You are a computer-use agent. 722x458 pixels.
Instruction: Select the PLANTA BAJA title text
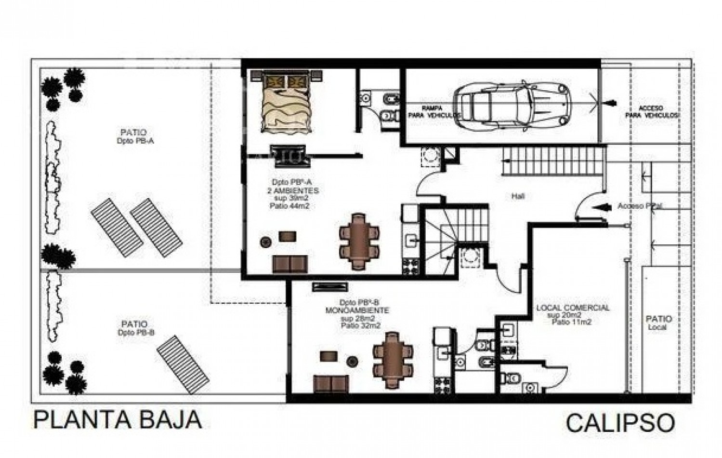tap(118, 420)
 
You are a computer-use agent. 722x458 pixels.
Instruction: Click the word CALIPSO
tap(620, 423)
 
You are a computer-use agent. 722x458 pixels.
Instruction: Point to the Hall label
tap(518, 196)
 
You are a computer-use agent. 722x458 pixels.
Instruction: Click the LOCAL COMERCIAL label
tap(573, 308)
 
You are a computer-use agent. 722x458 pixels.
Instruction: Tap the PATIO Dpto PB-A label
tap(134, 136)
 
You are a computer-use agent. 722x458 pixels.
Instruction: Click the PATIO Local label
tap(658, 323)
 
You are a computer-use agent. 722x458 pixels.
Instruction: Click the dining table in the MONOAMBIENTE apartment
tap(392, 360)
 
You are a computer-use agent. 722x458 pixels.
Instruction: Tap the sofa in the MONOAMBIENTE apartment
tap(331, 383)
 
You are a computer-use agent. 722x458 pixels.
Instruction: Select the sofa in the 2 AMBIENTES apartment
tap(290, 264)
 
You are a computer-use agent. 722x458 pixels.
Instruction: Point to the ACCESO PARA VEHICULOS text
tap(651, 112)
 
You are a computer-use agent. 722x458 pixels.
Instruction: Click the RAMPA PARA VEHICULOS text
tap(432, 112)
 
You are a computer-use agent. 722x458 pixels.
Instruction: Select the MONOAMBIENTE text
tap(357, 311)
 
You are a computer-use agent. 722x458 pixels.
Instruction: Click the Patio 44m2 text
tap(289, 206)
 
